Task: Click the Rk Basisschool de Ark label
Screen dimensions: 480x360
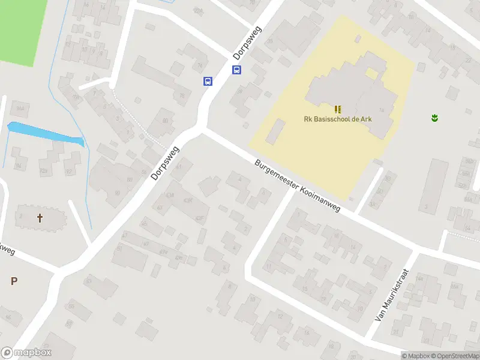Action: tap(337, 119)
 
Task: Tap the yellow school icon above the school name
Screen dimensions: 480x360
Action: tap(337, 109)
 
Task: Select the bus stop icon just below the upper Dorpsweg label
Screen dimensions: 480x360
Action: tap(237, 70)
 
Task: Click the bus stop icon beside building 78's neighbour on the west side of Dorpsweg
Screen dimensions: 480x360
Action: tap(208, 82)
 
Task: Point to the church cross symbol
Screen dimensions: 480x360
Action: tap(41, 218)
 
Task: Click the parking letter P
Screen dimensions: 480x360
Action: tap(14, 281)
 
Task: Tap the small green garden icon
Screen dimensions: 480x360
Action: tap(434, 117)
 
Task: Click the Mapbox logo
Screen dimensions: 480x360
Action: tap(26, 353)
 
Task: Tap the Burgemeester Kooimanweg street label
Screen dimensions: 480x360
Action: tap(298, 187)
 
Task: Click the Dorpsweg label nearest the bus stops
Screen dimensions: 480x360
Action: tap(248, 43)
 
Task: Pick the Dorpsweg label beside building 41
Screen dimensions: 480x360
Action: tap(166, 163)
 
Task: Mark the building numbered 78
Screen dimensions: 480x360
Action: tap(181, 95)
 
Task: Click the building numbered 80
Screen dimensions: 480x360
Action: tap(164, 121)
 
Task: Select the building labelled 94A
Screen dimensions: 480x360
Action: tap(20, 108)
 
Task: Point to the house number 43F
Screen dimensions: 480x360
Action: tap(200, 218)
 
